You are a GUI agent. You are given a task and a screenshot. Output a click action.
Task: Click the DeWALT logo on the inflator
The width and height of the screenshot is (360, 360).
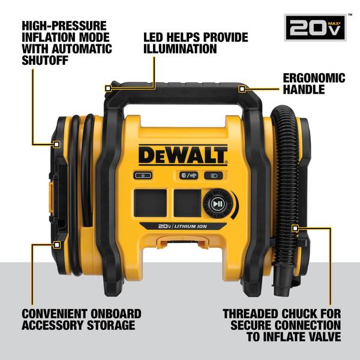(183, 155)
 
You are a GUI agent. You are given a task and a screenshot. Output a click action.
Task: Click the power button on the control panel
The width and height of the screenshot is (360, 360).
(140, 175)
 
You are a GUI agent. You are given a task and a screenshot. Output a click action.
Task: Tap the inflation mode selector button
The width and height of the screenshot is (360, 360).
(187, 175)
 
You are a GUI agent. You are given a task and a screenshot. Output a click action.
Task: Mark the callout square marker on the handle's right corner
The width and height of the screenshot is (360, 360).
(242, 89)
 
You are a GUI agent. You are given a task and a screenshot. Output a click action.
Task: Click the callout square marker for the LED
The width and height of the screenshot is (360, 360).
(109, 88)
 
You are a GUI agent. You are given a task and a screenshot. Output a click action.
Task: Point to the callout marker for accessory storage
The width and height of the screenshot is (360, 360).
(57, 245)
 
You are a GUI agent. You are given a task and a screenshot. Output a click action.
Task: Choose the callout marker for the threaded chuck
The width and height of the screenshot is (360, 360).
(295, 228)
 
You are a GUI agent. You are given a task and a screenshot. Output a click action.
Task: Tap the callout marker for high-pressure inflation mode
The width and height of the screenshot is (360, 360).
(57, 144)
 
